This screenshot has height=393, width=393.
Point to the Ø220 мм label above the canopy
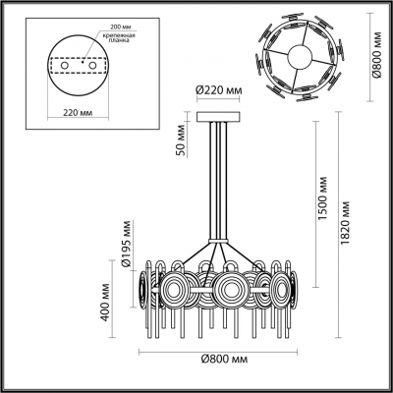pyautogui.click(x=217, y=91)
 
